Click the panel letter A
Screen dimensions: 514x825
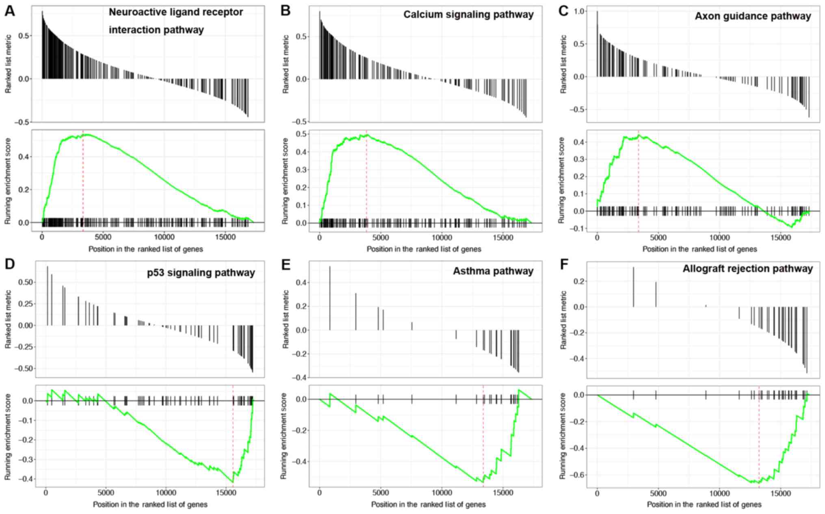[10, 11]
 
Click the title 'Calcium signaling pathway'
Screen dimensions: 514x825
[468, 15]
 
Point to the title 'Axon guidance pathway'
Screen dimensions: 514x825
[753, 16]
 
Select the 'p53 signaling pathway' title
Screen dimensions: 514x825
[201, 272]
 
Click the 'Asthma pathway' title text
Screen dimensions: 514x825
[493, 271]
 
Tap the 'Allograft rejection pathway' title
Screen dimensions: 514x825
[747, 269]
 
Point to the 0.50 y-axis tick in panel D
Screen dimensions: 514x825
[26, 282]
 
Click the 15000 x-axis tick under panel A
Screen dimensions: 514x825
[225, 237]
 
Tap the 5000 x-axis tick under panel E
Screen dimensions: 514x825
[381, 493]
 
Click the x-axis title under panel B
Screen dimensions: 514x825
[424, 249]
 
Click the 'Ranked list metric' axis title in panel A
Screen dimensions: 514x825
[8, 64]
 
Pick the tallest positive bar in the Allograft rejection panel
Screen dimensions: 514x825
[634, 287]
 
